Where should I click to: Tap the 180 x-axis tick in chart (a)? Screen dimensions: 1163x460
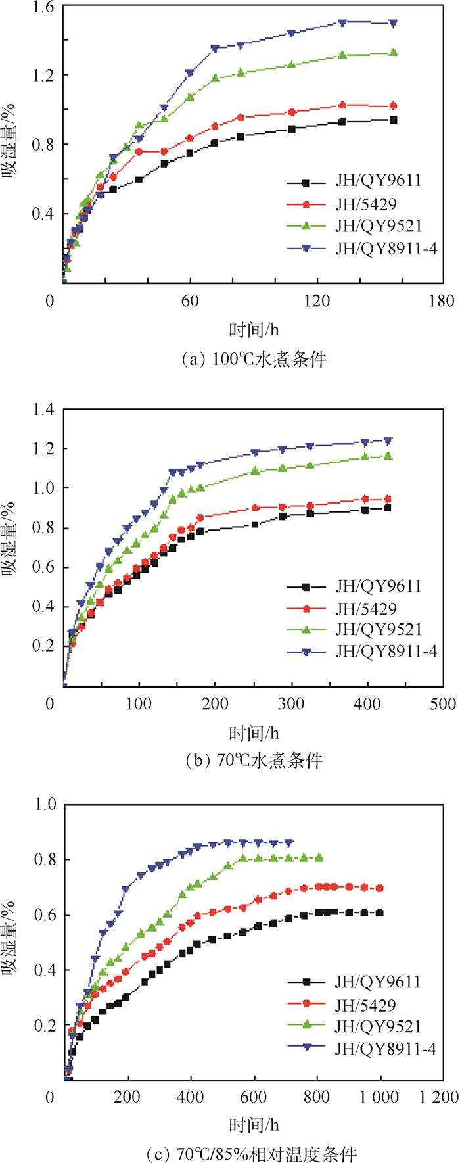click(440, 301)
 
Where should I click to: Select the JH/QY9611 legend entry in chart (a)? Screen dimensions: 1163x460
click(378, 181)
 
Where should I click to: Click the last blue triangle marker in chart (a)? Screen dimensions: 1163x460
click(394, 23)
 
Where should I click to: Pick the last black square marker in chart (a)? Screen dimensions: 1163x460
click(394, 120)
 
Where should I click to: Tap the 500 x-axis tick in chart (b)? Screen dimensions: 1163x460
click(442, 703)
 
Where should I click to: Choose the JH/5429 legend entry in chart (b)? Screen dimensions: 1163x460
click(366, 608)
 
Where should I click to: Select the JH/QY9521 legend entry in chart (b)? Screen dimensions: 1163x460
click(378, 629)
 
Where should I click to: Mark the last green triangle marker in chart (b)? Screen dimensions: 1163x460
click(388, 456)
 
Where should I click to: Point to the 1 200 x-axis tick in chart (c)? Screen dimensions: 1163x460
click(440, 1097)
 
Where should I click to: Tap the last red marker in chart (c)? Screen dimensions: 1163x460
click(379, 888)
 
